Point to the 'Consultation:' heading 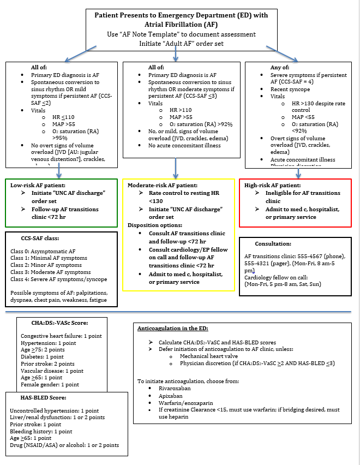(x=273, y=243)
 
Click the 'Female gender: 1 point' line (x=50, y=384)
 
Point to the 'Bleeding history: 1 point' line (x=41, y=431)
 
